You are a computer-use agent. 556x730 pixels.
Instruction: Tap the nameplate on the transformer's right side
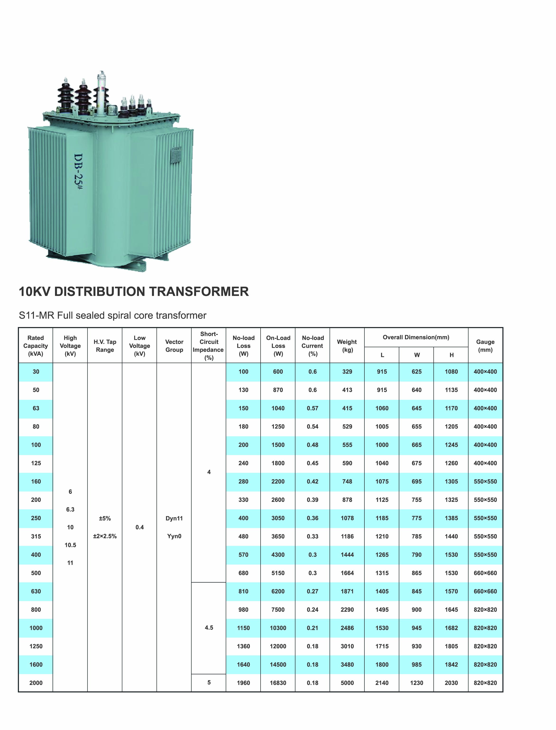click(175, 155)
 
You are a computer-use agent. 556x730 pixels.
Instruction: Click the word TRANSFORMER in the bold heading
click(199, 291)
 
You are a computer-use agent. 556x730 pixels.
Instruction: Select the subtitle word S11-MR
click(37, 315)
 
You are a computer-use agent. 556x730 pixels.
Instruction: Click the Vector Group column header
click(174, 346)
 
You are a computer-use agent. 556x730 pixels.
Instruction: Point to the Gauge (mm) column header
click(485, 346)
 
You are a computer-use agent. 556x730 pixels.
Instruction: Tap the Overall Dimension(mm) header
click(416, 337)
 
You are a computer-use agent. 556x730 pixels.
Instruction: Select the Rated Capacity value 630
click(36, 591)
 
